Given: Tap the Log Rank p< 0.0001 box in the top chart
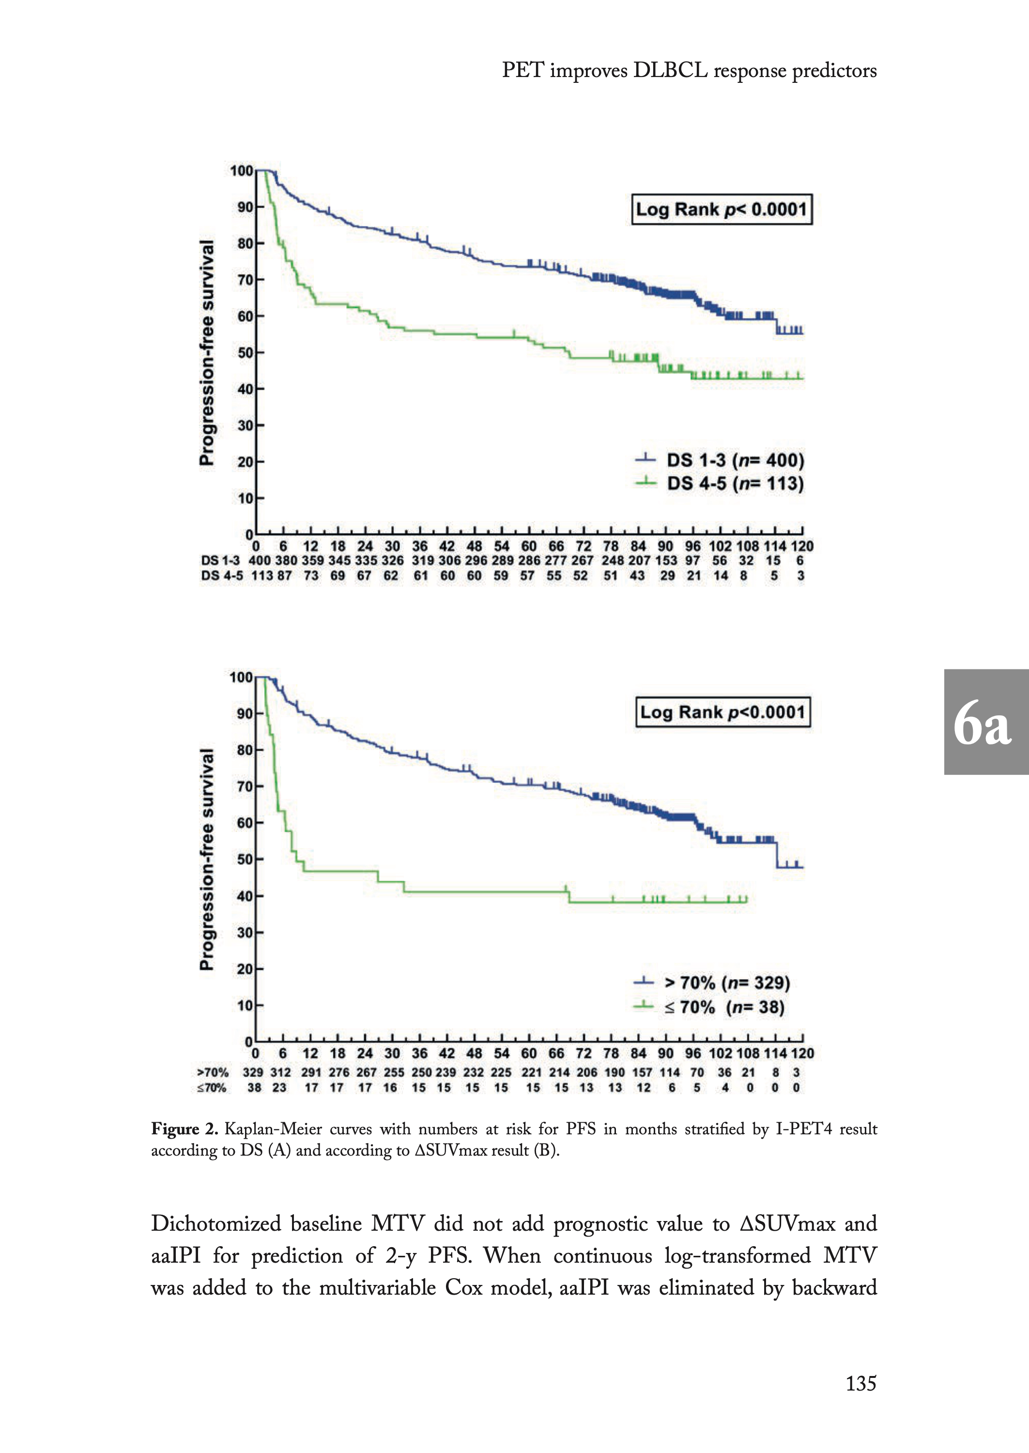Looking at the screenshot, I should coord(721,210).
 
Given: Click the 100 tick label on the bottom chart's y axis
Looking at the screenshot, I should coord(241,678).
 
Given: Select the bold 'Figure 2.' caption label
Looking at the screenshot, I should coord(184,1128).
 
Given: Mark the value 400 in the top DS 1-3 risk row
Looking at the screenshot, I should coord(260,561).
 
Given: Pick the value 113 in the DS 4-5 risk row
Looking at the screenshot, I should coord(261,576).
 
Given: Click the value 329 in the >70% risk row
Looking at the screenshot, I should coord(253,1072).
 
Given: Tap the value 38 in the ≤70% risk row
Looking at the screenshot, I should coord(254,1087).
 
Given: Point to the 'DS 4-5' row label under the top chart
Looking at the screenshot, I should coord(222,576).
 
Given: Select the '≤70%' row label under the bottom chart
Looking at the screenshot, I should coord(212,1088).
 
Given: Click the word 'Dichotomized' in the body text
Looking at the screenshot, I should coord(215,1223).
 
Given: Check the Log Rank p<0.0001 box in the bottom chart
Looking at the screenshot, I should coord(722,713).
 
